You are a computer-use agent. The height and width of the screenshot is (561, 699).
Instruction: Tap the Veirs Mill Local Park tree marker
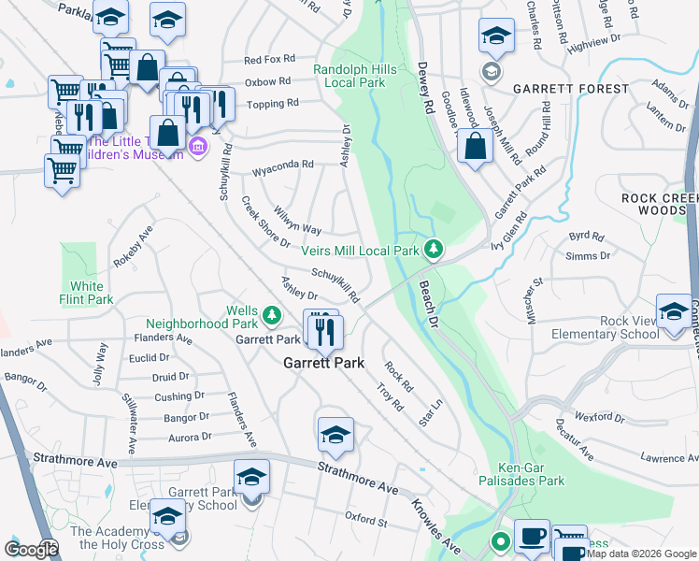[x=433, y=249]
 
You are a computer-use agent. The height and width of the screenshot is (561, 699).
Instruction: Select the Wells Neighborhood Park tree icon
[x=271, y=314]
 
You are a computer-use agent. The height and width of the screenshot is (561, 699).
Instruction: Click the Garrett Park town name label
[x=323, y=364]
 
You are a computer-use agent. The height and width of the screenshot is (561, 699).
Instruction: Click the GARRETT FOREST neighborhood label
[x=570, y=89]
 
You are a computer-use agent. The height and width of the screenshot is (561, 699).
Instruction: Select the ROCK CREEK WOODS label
[x=660, y=205]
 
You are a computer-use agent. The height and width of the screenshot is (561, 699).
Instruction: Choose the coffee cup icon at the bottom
[x=532, y=536]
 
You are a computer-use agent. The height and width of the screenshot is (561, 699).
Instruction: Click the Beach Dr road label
[x=429, y=304]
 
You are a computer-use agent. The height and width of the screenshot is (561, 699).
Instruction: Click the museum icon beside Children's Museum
[x=197, y=147]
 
